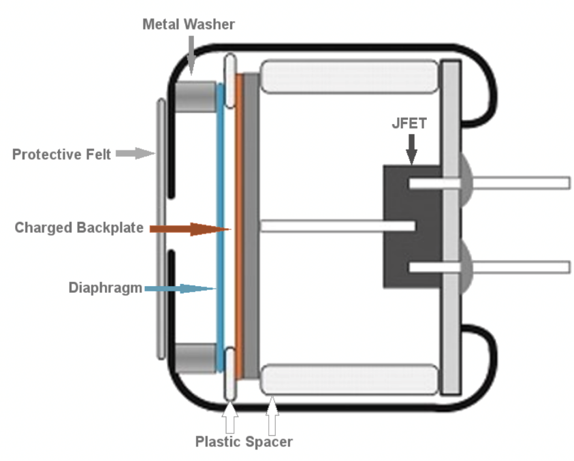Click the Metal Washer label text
(x=189, y=24)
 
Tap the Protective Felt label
(x=61, y=154)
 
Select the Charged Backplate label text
(x=79, y=227)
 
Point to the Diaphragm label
(x=106, y=288)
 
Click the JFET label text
(x=409, y=123)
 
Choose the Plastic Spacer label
(x=244, y=442)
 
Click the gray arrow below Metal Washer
(x=191, y=55)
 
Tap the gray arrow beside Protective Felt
(x=135, y=153)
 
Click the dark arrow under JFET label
(x=412, y=149)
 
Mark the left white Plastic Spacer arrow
(x=230, y=418)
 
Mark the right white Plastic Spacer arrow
(x=272, y=416)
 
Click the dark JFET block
(x=413, y=227)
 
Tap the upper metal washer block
(x=195, y=96)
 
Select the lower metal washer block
(x=195, y=359)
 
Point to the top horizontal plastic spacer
(x=349, y=76)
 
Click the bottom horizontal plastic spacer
(x=349, y=379)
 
